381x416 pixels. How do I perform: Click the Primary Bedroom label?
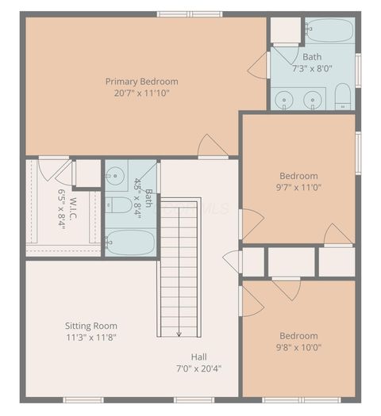tap(142, 81)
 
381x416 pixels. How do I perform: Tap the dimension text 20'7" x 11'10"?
tap(142, 93)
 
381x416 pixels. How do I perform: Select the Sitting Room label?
tap(91, 326)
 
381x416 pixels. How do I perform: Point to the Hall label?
tap(199, 356)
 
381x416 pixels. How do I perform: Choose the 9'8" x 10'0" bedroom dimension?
tap(298, 347)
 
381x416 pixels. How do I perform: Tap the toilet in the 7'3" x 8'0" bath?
tap(343, 98)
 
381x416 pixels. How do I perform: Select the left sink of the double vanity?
tap(286, 99)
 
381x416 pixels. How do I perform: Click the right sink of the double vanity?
tap(314, 99)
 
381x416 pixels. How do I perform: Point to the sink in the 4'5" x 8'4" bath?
tap(116, 174)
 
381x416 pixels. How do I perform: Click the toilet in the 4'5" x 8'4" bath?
tap(119, 206)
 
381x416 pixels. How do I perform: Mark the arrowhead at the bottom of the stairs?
tap(179, 333)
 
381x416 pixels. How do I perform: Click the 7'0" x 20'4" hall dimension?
tap(199, 368)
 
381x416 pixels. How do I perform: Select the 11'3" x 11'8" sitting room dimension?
tap(91, 338)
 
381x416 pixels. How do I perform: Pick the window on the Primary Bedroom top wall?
tap(179, 14)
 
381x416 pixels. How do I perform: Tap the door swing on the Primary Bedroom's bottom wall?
tap(211, 146)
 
